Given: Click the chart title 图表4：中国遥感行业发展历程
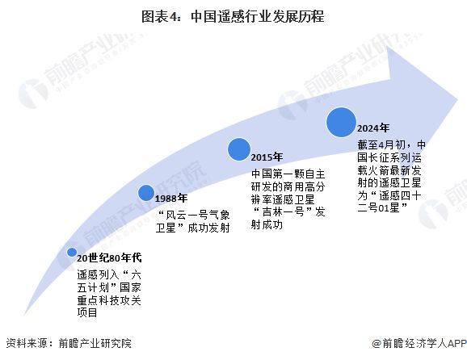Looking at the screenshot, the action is point(233,16).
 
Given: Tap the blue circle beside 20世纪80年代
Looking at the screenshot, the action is point(72,252).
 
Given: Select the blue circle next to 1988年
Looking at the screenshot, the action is point(146,192).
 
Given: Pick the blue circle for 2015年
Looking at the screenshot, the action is point(239,149).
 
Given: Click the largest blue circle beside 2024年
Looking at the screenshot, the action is point(341,122).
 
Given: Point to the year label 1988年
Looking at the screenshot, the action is point(171,198).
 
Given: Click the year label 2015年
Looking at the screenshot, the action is point(267,157).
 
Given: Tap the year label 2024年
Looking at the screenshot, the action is point(373,128).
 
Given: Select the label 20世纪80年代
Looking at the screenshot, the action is point(109,257).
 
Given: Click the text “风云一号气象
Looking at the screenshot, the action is point(194,215).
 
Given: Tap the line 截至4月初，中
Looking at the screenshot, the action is point(391,145).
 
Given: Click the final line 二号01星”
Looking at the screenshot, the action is point(382,207).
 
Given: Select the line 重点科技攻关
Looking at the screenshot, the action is point(109,300).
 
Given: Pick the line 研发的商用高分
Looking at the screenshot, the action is point(288,186).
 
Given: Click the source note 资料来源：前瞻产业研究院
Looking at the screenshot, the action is point(69,343).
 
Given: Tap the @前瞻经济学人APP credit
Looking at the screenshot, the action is point(419,343).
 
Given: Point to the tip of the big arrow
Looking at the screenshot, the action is point(457,100).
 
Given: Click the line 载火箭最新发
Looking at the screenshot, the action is point(389,170).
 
